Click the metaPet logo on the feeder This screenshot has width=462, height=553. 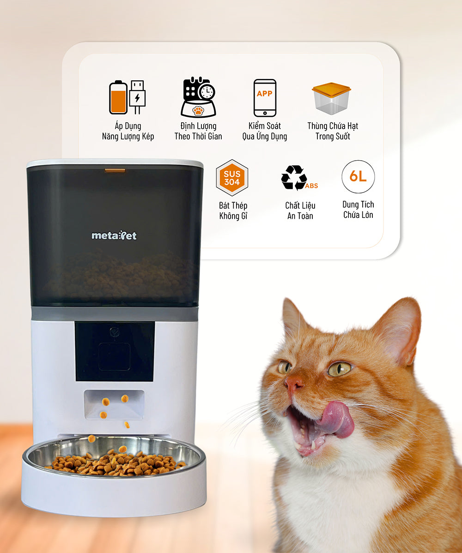[114, 235]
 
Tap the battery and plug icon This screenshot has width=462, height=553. [128, 97]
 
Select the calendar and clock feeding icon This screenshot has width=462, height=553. [198, 97]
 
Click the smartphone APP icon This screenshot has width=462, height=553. [265, 98]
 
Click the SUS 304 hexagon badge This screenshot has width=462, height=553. [232, 178]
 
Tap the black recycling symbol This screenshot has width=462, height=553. [294, 177]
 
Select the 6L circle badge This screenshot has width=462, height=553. [358, 177]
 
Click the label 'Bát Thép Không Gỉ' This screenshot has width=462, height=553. [233, 210]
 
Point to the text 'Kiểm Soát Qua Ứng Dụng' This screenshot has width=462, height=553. [265, 131]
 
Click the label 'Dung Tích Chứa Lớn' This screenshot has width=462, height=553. [358, 210]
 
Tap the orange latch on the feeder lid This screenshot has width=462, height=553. [115, 171]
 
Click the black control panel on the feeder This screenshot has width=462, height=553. [115, 351]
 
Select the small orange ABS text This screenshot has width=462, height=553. [312, 186]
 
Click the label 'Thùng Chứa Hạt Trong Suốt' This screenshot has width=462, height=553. [333, 131]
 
